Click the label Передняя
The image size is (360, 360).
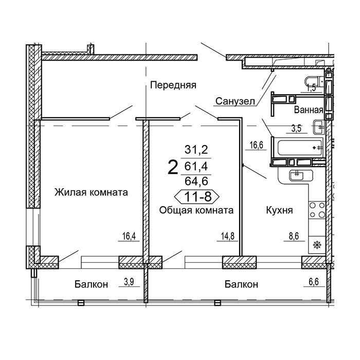coord(173,85)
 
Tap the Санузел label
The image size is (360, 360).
coord(235,101)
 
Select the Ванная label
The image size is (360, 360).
coord(309,110)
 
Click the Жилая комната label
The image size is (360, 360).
coord(91,192)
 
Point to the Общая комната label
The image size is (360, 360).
coord(196,210)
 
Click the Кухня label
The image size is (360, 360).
coord(279,210)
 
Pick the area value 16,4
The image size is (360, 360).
coord(129,236)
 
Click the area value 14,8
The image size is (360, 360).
coord(228,236)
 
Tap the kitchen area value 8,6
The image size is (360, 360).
coord(294,236)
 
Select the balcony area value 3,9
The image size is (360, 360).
coord(129,281)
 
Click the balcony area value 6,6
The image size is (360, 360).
coord(314,281)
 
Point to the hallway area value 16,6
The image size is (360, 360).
coord(256,145)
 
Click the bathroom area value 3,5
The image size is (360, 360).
coord(296,129)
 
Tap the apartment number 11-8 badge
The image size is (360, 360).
coord(197,196)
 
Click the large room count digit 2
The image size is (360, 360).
coord(173,167)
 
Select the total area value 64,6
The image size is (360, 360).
coord(196,181)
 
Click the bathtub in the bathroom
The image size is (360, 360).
coord(300,148)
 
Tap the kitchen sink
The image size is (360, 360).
coord(297,176)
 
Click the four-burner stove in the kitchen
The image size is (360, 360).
coord(317,210)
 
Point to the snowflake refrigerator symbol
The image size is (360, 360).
coord(317,245)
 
